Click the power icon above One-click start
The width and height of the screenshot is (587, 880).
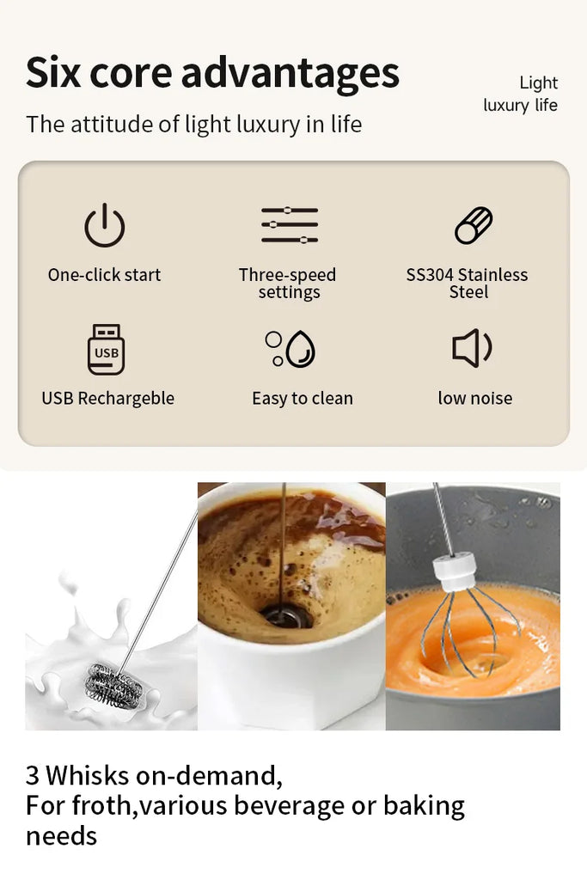104,226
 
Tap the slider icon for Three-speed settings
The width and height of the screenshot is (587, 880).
290,225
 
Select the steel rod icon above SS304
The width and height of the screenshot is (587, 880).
474,226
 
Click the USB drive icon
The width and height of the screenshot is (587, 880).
106,350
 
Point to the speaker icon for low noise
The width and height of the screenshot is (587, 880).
472,348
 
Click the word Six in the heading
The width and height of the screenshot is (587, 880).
52,73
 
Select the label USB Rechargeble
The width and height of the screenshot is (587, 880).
107,399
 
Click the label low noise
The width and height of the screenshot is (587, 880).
474,399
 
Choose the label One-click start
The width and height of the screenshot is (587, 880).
104,275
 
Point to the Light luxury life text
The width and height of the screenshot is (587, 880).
522,95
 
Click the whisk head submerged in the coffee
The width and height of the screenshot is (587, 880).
281,614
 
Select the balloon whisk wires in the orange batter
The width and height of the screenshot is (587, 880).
470,627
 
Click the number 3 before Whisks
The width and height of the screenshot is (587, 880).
33,776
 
